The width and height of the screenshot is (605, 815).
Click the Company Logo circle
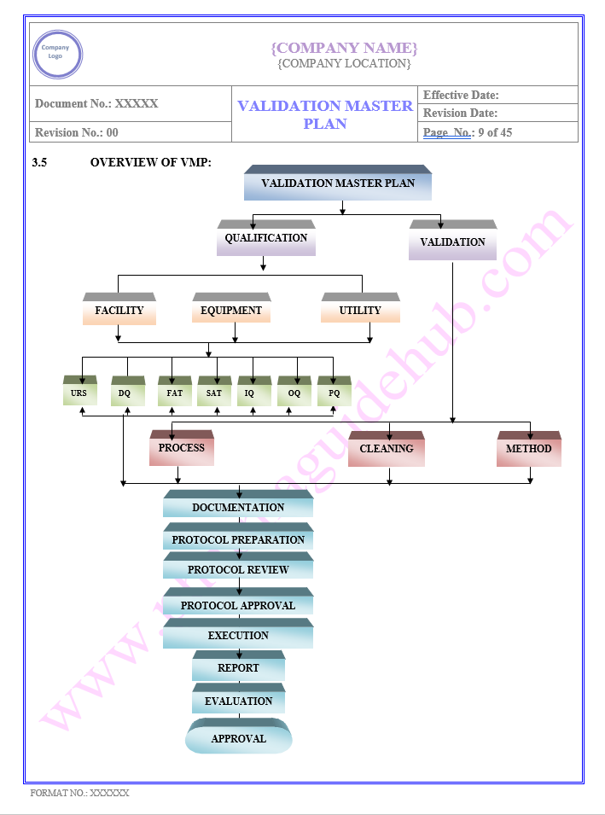[x=58, y=55]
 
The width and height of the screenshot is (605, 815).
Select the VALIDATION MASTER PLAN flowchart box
[x=338, y=183]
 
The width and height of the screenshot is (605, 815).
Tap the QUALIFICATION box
[x=266, y=239]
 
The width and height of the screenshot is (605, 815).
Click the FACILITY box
[x=119, y=311]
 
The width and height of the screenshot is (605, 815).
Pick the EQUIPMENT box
[x=231, y=311]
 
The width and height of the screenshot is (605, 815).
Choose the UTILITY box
[x=360, y=311]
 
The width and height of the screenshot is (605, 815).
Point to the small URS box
[x=79, y=393]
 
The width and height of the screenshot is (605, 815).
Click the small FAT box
[x=175, y=393]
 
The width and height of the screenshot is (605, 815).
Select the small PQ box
[x=334, y=393]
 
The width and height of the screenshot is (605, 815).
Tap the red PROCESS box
[x=182, y=449]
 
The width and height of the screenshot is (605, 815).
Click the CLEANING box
[x=386, y=450]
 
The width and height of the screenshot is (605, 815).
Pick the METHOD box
[x=528, y=450]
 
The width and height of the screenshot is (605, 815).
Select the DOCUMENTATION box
[x=238, y=507]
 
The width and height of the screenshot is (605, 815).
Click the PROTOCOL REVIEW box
[x=238, y=569]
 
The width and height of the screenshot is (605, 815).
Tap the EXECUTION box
[x=238, y=636]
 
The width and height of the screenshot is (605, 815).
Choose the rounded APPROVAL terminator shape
[x=239, y=738]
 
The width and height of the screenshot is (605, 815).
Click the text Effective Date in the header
[x=461, y=96]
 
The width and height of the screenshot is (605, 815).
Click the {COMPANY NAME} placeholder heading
[x=344, y=48]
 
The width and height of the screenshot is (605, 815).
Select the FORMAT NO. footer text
[x=79, y=793]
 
